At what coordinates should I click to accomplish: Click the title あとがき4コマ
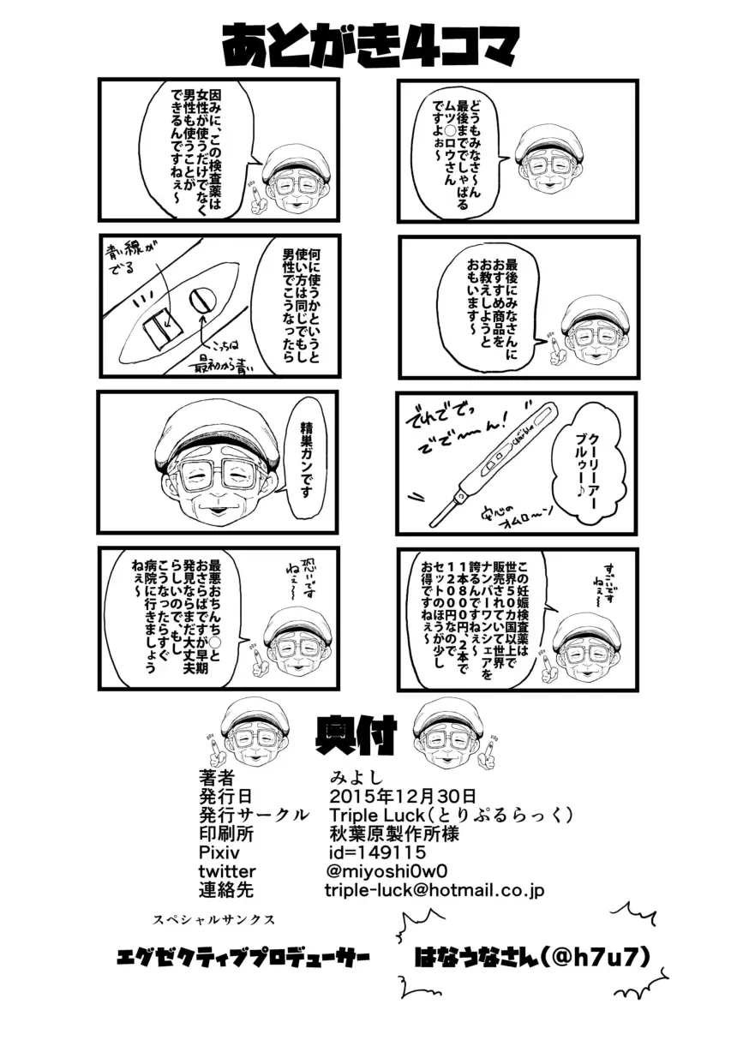pos(370,45)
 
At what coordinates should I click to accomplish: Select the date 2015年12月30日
pos(402,795)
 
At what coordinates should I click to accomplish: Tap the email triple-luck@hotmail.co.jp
pos(434,891)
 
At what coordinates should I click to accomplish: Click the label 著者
pos(215,777)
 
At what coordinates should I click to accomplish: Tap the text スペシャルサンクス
pos(213,919)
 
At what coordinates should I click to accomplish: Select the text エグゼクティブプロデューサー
pos(243,957)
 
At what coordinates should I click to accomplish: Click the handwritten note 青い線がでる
pos(133,260)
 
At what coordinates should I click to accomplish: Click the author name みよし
pos(348,777)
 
